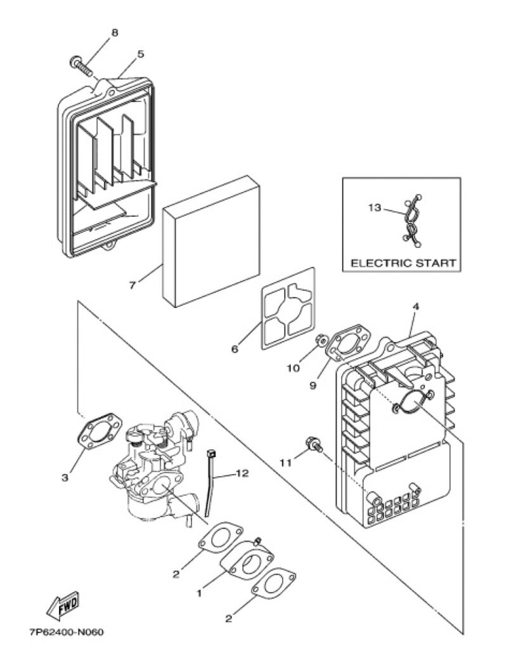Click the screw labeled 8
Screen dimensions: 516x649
81,66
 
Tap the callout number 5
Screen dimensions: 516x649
141,54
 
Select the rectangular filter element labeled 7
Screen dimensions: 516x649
211,241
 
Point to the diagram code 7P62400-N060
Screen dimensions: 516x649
67,632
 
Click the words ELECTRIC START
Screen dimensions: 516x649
403,263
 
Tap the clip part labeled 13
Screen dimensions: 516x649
411,220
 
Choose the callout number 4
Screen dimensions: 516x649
416,307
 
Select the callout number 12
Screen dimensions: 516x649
242,473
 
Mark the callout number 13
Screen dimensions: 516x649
375,207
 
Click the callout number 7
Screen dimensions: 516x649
132,285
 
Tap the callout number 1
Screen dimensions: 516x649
199,593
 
